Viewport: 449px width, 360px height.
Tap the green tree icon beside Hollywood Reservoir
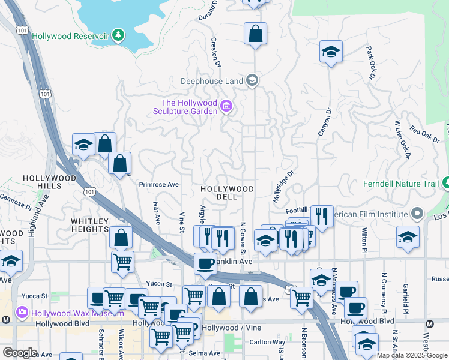point(119,35)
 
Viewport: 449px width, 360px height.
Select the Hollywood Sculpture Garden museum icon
point(226,107)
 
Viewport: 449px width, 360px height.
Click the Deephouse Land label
point(212,80)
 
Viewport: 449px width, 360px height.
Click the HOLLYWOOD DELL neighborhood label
point(228,193)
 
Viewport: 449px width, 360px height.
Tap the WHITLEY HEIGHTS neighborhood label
point(90,226)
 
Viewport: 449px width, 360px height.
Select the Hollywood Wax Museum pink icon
point(22,312)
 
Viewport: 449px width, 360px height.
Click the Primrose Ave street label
point(159,185)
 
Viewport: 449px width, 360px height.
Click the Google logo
point(20,353)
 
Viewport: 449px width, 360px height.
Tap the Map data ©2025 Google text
point(412,355)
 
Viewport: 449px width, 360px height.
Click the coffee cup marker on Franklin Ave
point(205,263)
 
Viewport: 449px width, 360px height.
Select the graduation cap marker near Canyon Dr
point(331,52)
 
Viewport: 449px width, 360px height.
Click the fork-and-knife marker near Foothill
point(322,217)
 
